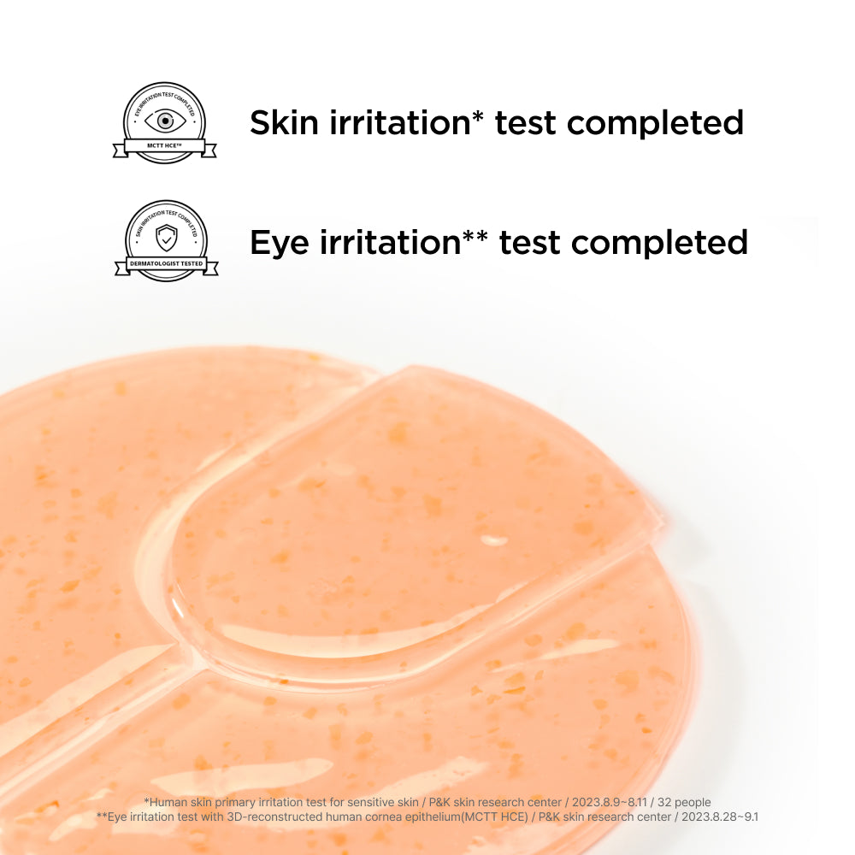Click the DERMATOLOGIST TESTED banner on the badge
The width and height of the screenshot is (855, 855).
coord(166,263)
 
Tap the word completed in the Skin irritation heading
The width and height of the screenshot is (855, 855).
coord(655,122)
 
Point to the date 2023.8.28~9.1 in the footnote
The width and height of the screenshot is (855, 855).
coord(717,817)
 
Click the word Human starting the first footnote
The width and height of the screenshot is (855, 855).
coord(168,802)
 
